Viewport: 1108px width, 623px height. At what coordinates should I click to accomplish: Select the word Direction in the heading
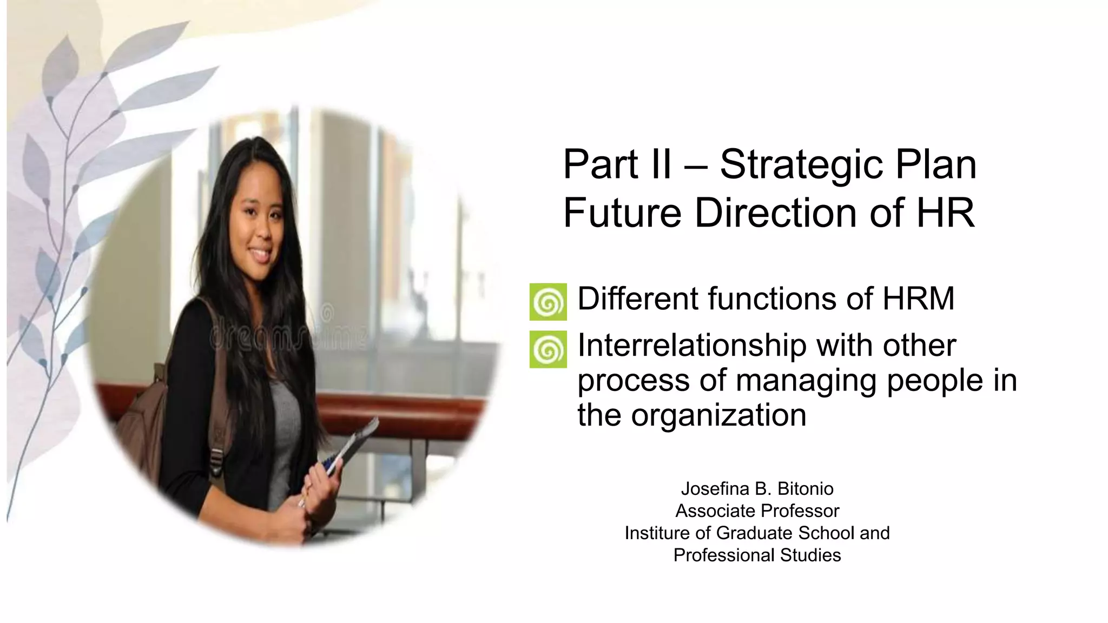[x=775, y=213]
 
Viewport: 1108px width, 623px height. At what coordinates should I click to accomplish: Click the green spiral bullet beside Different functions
[x=548, y=302]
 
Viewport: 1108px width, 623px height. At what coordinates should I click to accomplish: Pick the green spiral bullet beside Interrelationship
[x=548, y=349]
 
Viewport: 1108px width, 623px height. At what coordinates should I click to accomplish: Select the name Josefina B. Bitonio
[x=757, y=489]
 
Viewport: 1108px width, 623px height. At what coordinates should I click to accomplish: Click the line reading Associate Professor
[x=757, y=511]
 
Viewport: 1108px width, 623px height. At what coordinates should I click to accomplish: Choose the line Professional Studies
[x=757, y=555]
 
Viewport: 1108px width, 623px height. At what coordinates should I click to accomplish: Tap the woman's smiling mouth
[x=260, y=254]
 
